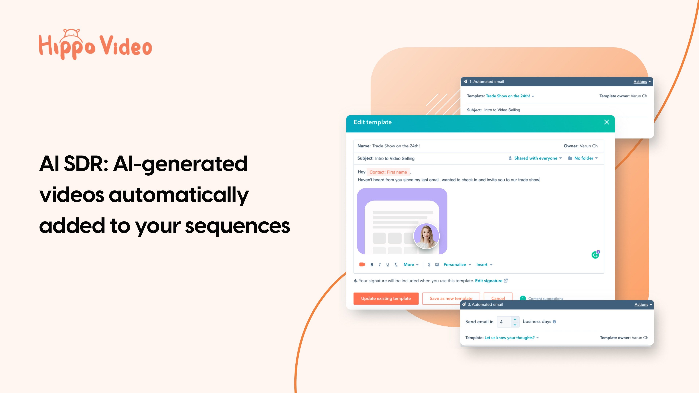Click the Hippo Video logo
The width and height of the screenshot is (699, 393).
coord(95,45)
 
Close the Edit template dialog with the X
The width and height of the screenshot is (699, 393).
coord(607,122)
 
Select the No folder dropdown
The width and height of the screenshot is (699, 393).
coord(583,158)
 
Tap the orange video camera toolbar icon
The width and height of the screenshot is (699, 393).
coord(362,264)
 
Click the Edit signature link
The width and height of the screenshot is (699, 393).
coord(488,281)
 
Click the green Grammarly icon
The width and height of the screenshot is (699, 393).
coord(595,255)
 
